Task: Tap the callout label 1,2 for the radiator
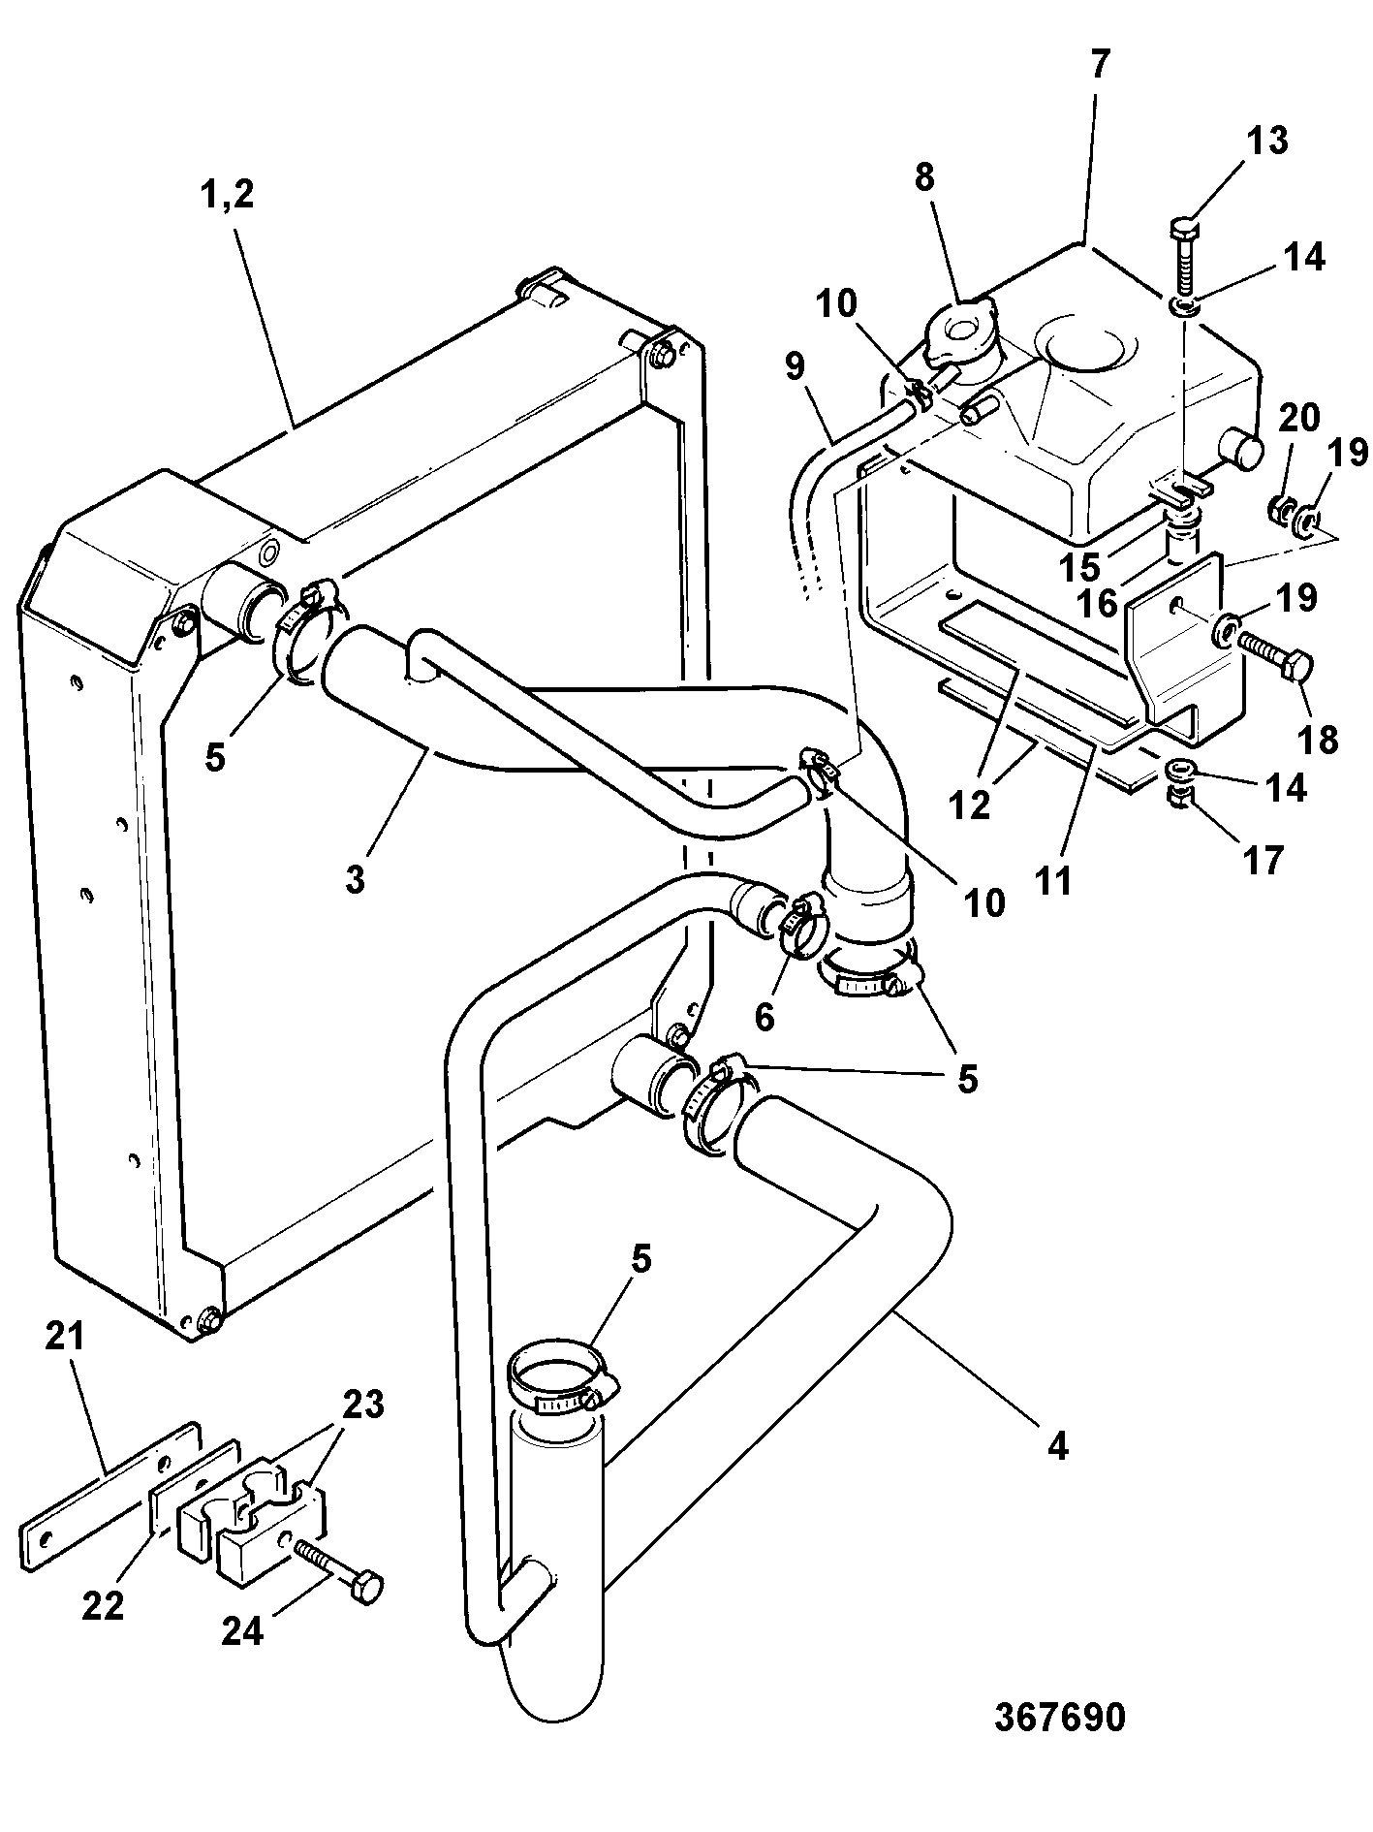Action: (x=226, y=195)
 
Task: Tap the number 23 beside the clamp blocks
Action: (x=363, y=1405)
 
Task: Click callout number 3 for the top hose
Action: (x=355, y=881)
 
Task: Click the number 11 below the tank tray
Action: (x=1054, y=881)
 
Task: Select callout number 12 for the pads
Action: (x=972, y=805)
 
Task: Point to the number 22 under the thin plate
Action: (x=104, y=1605)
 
